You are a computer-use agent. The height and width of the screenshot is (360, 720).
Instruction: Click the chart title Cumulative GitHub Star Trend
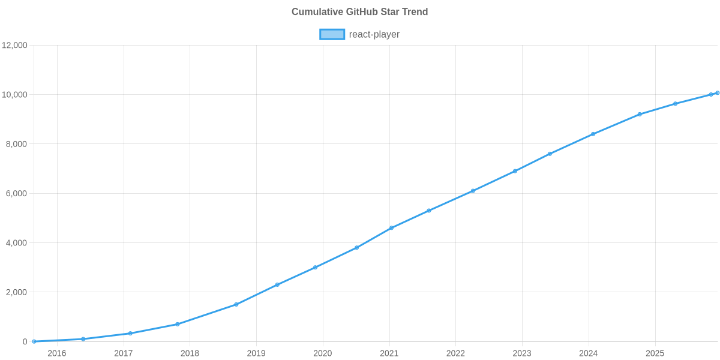point(359,12)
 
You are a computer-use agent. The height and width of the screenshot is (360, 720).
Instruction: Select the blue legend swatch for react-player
point(332,34)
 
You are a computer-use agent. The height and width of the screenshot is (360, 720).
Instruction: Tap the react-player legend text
point(374,34)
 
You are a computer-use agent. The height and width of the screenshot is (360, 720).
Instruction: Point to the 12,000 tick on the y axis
point(15,46)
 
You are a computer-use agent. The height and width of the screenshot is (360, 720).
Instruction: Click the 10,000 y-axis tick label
point(15,95)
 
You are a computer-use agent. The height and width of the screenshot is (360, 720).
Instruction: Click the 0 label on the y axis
point(25,341)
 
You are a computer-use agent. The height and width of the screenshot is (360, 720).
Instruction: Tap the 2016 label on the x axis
point(56,353)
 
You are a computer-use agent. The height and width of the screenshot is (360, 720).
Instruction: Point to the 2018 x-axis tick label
point(190,353)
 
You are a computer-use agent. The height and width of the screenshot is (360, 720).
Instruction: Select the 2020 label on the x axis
point(322,353)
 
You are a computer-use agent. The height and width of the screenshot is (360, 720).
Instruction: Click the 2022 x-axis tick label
point(455,353)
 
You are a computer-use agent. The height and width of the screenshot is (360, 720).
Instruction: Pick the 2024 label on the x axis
point(588,353)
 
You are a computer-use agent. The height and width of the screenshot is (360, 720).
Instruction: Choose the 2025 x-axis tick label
point(655,353)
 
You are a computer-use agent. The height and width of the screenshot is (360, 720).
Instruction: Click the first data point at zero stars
point(34,341)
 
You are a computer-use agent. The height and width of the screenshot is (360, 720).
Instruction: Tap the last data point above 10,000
point(717,93)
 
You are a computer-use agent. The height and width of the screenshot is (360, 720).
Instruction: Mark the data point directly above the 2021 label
point(391,228)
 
